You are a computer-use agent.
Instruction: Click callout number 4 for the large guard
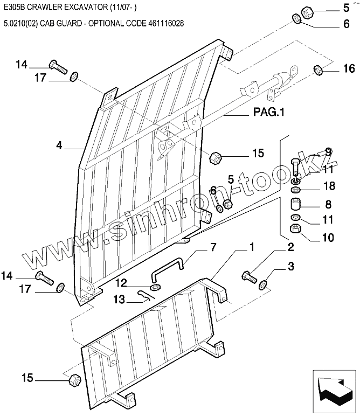(x=59, y=145)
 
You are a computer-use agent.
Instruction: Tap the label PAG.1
(x=268, y=113)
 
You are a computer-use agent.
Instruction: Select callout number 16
(x=349, y=68)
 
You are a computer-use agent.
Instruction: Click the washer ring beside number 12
(x=154, y=287)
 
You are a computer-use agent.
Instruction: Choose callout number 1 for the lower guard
(x=252, y=248)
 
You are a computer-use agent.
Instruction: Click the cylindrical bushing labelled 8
(x=296, y=205)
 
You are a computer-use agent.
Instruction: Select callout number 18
(x=328, y=186)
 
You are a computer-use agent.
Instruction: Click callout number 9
(x=328, y=152)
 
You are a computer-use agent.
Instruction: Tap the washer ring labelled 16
(x=318, y=69)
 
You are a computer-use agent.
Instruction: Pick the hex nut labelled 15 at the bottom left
(x=74, y=379)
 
